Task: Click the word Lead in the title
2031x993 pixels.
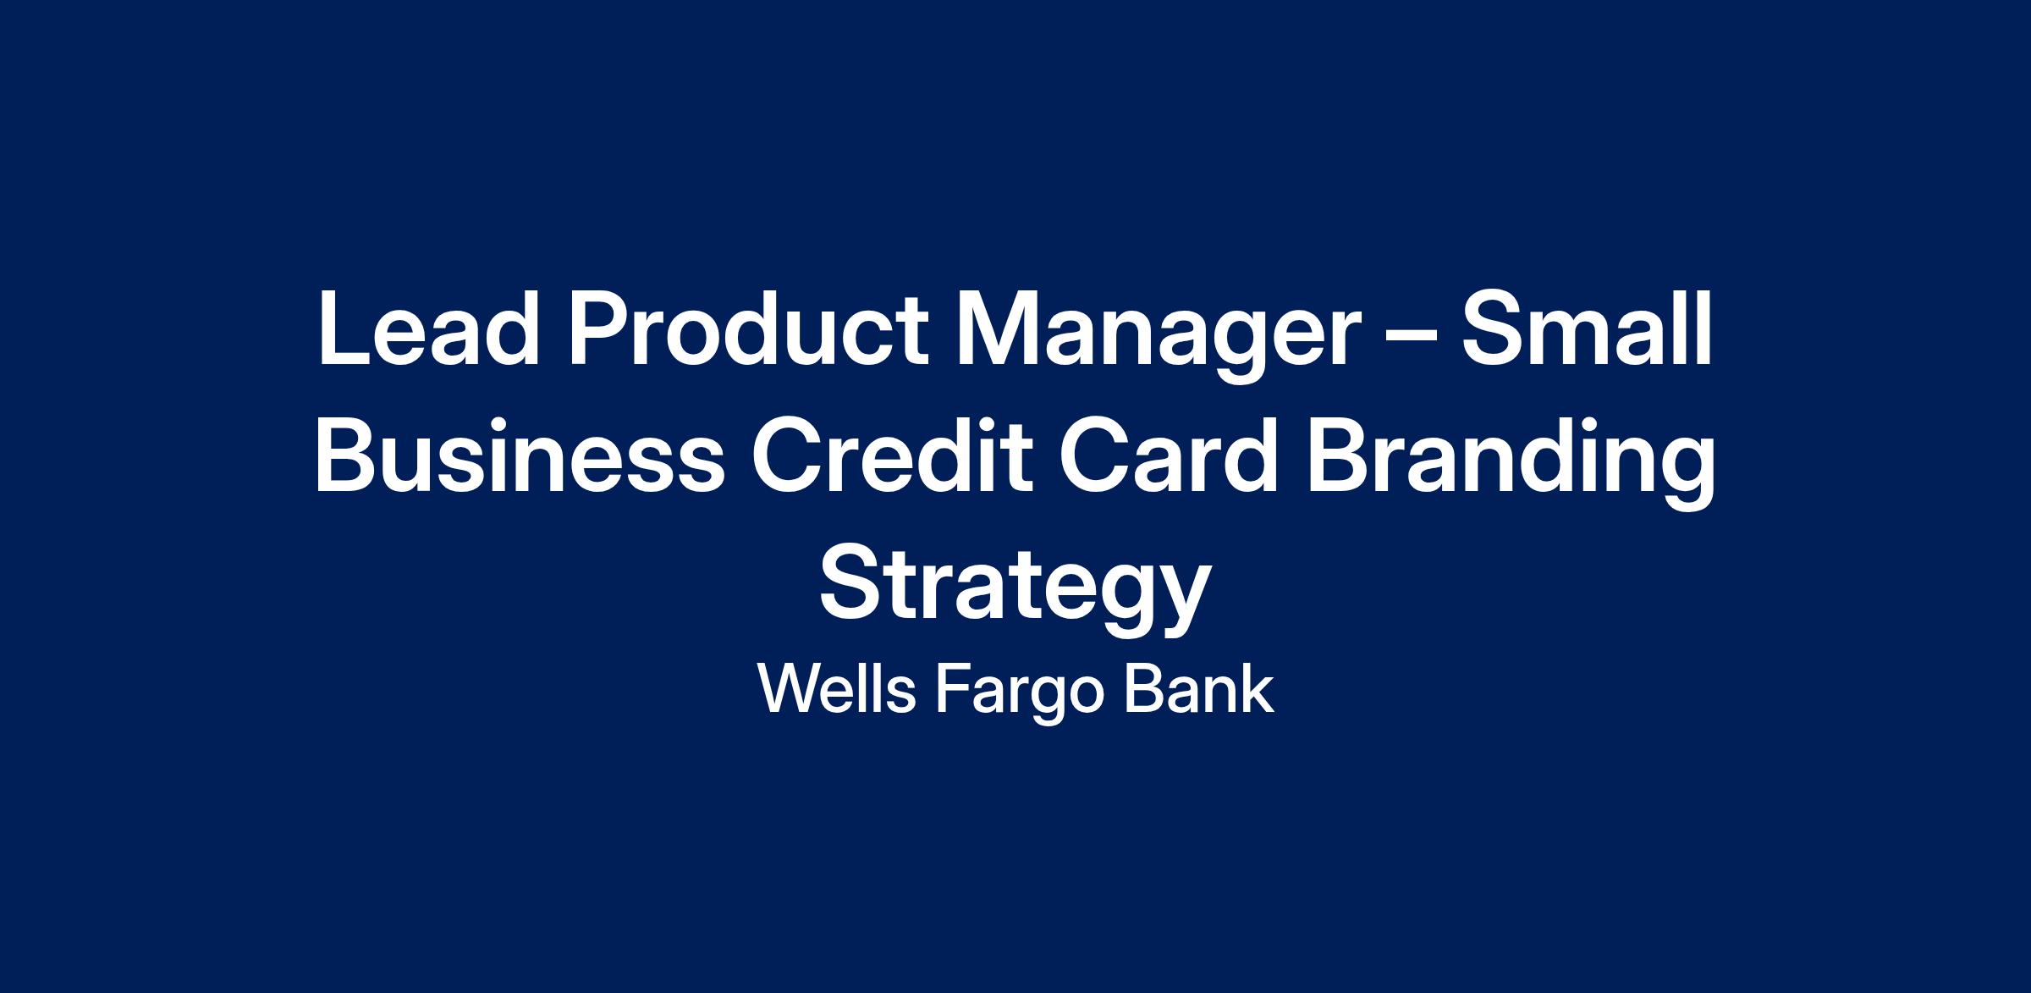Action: click(429, 328)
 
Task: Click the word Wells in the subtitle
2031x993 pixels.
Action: click(837, 688)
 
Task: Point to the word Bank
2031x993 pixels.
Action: click(1200, 688)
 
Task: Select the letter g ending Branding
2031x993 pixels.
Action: click(1684, 474)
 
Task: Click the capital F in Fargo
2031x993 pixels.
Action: click(953, 689)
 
